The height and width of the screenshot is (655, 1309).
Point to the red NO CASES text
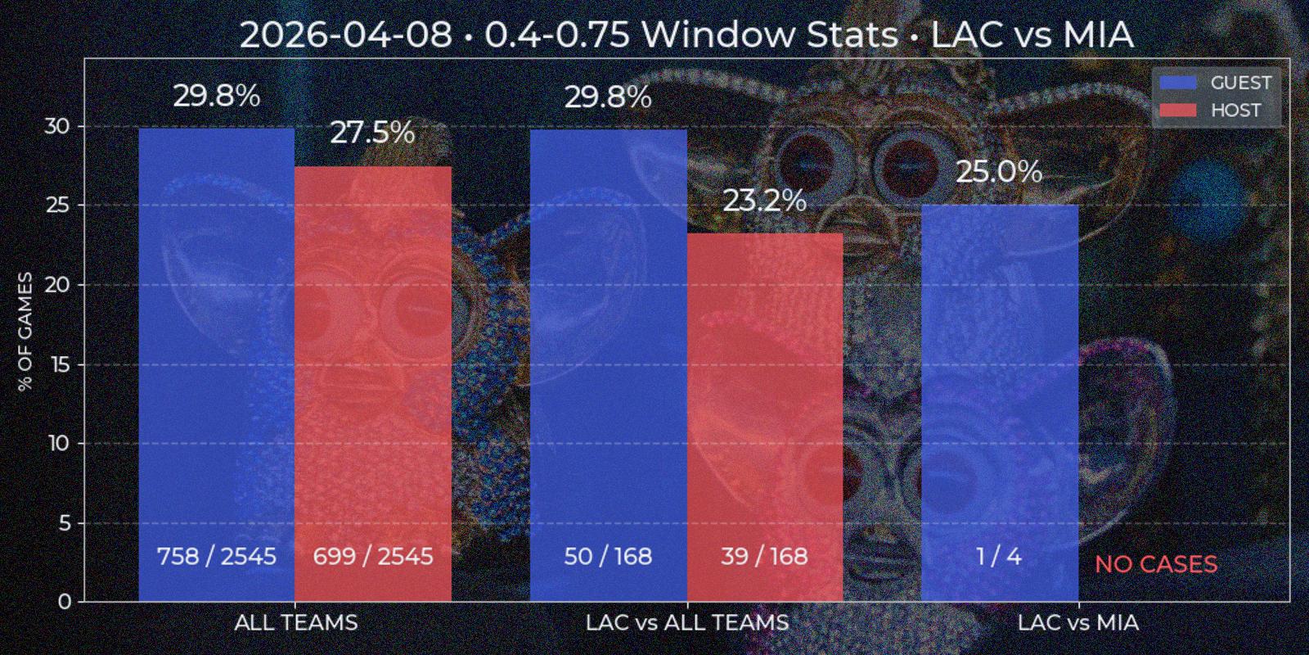coord(1156,564)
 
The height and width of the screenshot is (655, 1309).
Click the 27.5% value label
coord(373,133)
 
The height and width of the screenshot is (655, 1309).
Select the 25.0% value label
coord(999,172)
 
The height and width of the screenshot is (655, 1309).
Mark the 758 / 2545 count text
coord(217,557)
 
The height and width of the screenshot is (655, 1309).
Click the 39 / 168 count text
coord(765,557)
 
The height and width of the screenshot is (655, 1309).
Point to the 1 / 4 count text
coord(999,557)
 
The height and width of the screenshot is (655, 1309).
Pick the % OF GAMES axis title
coord(26,332)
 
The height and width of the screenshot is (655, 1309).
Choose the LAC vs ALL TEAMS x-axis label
coord(687,623)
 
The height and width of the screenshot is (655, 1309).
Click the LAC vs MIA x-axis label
coord(1077,623)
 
